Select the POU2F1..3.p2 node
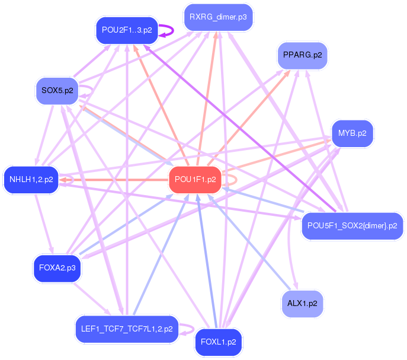127,30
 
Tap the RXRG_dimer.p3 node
218,17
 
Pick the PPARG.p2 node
302,55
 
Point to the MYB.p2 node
352,133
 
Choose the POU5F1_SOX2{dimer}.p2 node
352,226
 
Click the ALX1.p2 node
302,303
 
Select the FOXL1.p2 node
218,342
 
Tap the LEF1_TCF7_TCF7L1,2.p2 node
127,329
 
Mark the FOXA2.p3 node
57,268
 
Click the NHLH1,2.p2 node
31,179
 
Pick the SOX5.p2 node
57,91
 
